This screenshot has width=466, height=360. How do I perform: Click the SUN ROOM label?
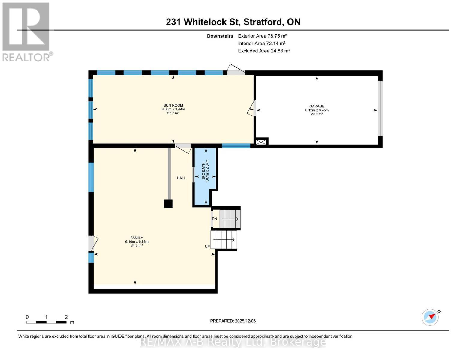click(x=173, y=105)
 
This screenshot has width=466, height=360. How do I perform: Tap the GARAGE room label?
click(x=317, y=106)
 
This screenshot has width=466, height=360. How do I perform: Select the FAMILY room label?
click(x=137, y=238)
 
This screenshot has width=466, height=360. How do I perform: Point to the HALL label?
click(x=181, y=178)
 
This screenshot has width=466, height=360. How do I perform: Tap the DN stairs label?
click(x=214, y=219)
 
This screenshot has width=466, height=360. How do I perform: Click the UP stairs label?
click(x=207, y=247)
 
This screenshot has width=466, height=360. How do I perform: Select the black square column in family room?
click(x=168, y=204)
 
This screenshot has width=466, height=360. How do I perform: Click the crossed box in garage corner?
click(x=261, y=142)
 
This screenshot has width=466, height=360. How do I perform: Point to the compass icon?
click(x=430, y=317)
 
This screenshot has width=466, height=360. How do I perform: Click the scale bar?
click(x=46, y=322)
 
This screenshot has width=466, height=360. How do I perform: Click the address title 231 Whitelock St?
click(x=233, y=22)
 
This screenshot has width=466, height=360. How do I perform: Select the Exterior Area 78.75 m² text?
click(x=262, y=36)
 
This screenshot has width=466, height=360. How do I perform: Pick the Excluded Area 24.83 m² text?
click(x=264, y=51)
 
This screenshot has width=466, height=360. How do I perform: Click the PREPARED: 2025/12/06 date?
click(x=233, y=321)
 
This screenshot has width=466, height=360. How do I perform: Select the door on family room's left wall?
click(x=92, y=243)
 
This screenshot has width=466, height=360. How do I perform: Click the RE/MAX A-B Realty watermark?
click(x=233, y=342)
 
